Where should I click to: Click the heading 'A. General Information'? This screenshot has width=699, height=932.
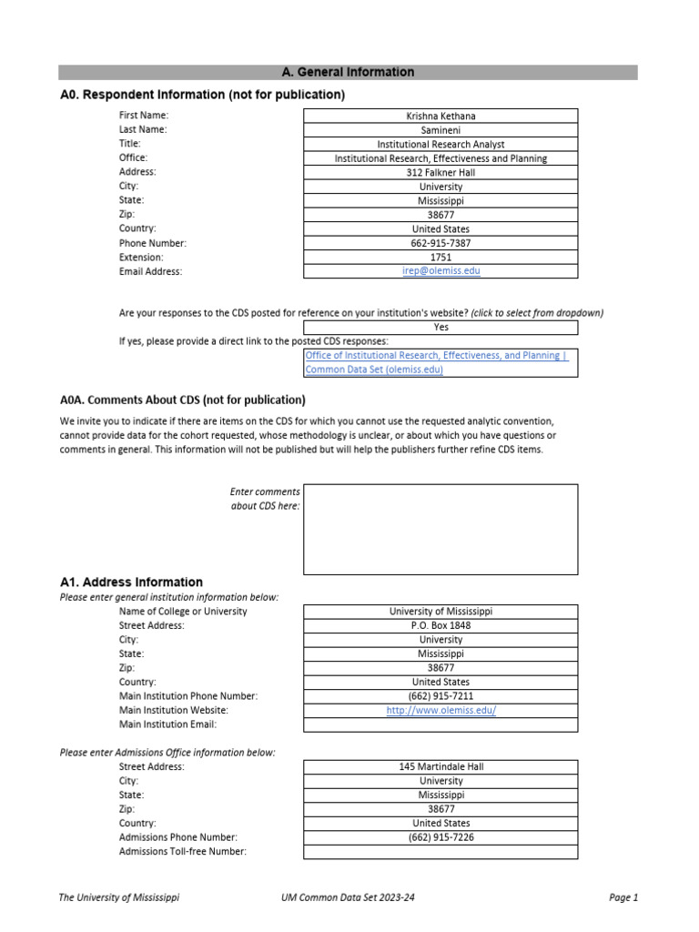click(x=348, y=73)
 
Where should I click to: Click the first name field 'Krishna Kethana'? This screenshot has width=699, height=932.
click(x=441, y=116)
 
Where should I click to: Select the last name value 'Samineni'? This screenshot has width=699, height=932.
click(x=441, y=130)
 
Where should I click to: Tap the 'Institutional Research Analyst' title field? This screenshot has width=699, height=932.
click(x=441, y=144)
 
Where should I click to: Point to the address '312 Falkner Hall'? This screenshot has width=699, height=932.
click(x=441, y=172)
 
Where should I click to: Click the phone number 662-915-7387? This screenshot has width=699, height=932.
click(x=441, y=243)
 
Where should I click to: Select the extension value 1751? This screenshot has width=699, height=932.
click(x=441, y=258)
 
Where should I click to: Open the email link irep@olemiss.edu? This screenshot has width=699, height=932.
click(x=441, y=271)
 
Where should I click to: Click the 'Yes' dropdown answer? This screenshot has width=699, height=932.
click(x=441, y=327)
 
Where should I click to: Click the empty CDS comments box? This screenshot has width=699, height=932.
click(x=441, y=529)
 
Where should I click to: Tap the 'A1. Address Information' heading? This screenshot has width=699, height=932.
click(x=131, y=582)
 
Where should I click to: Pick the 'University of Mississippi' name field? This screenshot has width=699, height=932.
click(x=441, y=612)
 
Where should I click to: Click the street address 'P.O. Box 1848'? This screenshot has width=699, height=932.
click(x=441, y=625)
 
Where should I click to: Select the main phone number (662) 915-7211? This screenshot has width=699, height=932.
click(x=441, y=696)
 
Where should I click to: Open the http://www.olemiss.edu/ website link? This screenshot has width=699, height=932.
click(x=441, y=711)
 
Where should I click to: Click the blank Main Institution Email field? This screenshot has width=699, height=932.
click(x=441, y=725)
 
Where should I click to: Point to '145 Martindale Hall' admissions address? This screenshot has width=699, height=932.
click(x=441, y=766)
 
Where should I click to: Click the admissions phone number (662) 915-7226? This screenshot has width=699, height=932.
click(x=441, y=837)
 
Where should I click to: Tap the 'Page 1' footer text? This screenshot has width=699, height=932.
click(x=623, y=897)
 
